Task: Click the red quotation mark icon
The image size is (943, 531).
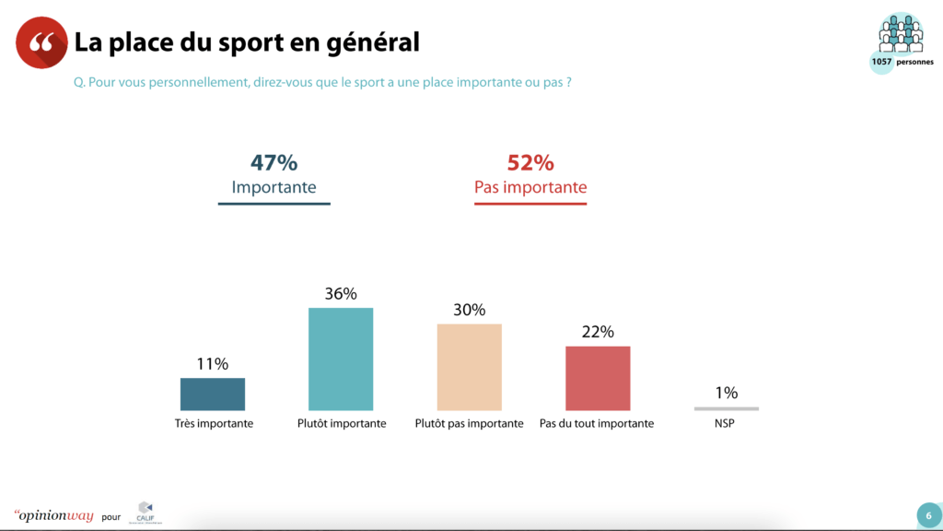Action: [41, 42]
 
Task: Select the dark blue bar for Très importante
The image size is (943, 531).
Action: [213, 394]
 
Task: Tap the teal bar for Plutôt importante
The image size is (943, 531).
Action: [341, 359]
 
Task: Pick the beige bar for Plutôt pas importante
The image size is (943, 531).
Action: [470, 367]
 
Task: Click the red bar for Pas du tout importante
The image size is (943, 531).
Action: [598, 378]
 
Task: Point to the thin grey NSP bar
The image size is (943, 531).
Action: [727, 408]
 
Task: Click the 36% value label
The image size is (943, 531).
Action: [341, 294]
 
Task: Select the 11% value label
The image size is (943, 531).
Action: [213, 364]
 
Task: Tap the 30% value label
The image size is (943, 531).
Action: [470, 310]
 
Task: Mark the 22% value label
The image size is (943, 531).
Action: [598, 332]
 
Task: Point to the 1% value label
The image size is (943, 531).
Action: [727, 393]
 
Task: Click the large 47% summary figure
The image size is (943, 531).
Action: [274, 163]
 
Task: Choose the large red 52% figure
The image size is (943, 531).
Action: [530, 163]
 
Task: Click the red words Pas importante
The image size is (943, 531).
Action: [530, 188]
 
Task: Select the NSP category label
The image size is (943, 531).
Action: [727, 424]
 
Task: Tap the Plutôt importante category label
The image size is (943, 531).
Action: [341, 424]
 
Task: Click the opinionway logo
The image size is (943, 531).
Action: [54, 515]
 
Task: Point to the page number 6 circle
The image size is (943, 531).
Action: [928, 515]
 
